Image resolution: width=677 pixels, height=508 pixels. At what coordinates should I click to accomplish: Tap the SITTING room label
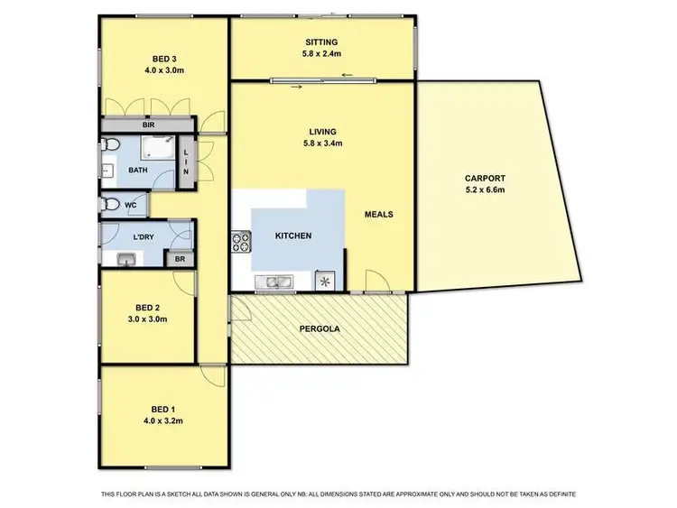coord(322,42)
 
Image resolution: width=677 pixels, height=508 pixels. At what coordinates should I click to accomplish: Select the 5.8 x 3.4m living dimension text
coord(322,143)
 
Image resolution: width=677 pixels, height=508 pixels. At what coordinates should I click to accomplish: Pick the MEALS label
coord(378,215)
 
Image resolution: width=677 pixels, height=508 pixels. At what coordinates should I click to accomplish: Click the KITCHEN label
coord(293,236)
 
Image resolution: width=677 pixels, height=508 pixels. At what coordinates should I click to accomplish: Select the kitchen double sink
coord(272,282)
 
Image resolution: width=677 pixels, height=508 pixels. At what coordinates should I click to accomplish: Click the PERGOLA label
coord(320,328)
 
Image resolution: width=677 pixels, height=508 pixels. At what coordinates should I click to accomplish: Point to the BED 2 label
coord(147,306)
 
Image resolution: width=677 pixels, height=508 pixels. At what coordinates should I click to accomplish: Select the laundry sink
coord(125,260)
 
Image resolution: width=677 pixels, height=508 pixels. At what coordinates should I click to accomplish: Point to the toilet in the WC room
coord(110,205)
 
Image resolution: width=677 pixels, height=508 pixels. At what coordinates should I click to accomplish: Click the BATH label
coord(138,169)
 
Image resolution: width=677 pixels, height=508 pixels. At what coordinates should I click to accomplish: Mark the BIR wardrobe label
coord(145,125)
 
